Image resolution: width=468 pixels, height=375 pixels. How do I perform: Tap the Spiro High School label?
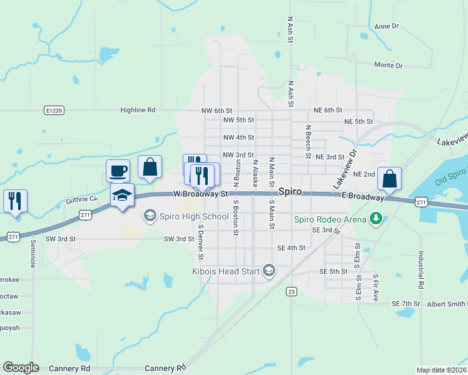193,217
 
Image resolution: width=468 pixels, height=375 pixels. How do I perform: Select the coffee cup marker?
117,170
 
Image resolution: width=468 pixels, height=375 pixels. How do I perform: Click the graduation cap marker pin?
123,195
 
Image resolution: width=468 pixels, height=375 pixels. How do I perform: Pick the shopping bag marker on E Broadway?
389,179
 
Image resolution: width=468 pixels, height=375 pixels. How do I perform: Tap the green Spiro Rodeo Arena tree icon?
375,218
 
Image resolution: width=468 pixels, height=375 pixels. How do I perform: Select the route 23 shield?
291,291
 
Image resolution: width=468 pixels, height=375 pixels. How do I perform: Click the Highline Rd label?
138,110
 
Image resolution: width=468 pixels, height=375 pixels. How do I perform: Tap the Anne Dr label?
386,26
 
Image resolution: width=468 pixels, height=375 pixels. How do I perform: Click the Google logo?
21,367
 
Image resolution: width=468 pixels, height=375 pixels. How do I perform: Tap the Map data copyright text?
442,370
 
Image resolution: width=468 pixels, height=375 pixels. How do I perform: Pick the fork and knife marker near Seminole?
14,201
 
